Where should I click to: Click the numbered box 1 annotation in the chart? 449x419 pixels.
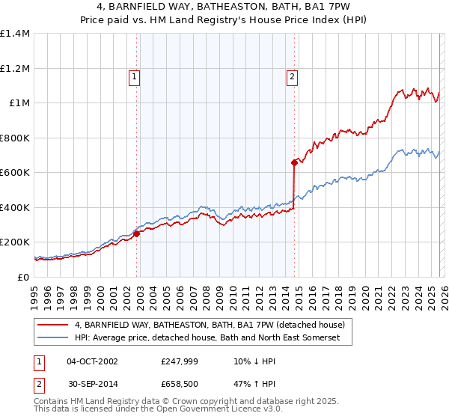134,76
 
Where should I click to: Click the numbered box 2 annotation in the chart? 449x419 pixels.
291,76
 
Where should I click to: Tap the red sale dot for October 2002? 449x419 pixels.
137,234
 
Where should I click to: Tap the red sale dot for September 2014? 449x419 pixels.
294,162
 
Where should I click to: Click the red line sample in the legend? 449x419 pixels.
52,325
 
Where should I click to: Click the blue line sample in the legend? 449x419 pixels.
52,338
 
